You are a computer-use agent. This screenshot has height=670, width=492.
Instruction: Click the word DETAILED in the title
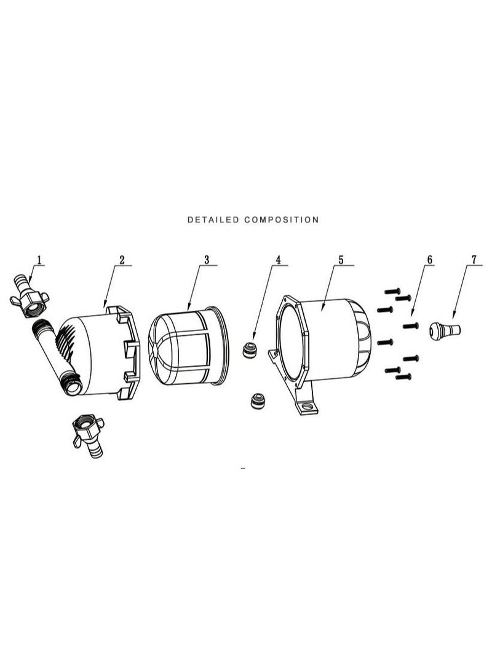[213, 220]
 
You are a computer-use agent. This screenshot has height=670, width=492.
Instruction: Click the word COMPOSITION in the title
[282, 220]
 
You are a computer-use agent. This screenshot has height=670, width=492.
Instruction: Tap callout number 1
[39, 260]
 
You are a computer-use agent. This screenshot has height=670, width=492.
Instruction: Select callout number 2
[122, 260]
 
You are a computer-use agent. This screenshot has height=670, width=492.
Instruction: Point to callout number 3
[207, 260]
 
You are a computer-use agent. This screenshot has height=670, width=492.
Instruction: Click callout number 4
[278, 260]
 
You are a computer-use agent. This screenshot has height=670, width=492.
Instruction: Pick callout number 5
[341, 260]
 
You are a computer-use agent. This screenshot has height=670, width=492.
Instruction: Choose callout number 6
[429, 260]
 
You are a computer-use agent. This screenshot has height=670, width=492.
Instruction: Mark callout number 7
[474, 260]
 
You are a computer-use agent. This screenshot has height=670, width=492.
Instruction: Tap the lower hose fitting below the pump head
[89, 436]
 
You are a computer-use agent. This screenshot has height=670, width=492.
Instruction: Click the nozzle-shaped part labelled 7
[445, 331]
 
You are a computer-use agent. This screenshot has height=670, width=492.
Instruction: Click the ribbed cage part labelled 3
[189, 345]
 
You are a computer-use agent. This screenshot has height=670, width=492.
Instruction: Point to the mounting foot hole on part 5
[307, 406]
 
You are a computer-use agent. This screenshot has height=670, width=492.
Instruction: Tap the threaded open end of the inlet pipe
[73, 387]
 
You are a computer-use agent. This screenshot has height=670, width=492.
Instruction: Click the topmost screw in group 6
[392, 292]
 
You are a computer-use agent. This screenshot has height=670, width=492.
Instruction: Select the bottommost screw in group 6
[403, 377]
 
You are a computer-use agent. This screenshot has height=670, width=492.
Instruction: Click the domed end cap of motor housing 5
[362, 338]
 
